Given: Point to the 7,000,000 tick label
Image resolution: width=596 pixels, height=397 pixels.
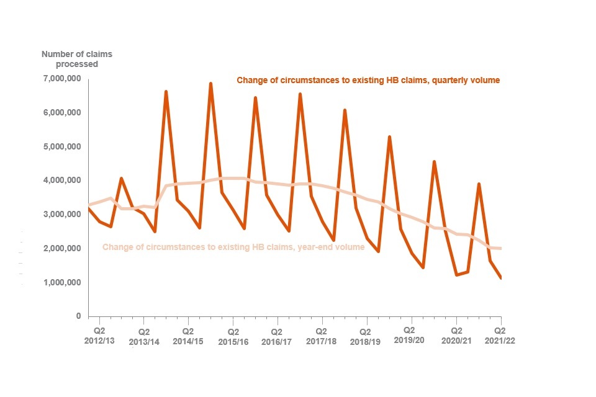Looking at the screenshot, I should tap(61, 79).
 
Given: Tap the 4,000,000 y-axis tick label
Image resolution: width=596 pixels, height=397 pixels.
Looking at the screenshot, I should tap(61, 181).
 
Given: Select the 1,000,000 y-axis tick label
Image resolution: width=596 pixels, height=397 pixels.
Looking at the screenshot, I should tap(61, 283).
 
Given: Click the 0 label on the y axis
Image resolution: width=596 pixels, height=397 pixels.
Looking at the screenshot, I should tap(78, 316).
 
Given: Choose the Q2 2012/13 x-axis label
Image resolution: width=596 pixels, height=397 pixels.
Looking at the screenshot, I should tap(99, 336).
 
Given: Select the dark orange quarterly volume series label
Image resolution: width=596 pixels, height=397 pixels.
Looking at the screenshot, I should tap(368, 80).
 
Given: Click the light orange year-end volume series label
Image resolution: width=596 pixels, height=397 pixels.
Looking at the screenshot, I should tap(233, 248).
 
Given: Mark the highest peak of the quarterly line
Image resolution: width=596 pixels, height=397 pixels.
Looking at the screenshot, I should tap(210, 84).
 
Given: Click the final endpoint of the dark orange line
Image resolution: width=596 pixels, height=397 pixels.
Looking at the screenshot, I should tap(500, 278).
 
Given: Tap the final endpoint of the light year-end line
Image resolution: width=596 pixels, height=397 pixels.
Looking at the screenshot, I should tap(500, 249).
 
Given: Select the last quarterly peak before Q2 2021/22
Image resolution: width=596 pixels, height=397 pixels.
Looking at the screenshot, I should tap(479, 184).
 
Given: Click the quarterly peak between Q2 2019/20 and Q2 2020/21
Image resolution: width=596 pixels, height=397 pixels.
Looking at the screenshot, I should tap(434, 162).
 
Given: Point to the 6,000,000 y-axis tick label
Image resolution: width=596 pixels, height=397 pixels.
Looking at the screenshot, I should tap(61, 113).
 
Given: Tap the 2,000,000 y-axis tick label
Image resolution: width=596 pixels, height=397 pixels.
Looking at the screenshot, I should tap(61, 249).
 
